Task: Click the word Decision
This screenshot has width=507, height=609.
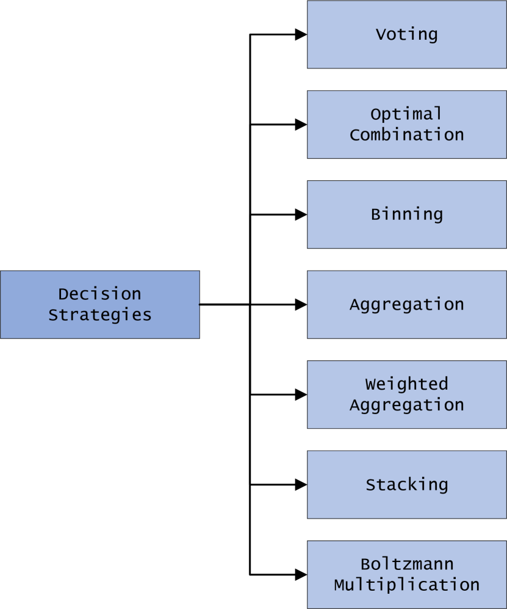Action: [x=99, y=294]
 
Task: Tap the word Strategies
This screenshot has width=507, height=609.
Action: [x=99, y=315]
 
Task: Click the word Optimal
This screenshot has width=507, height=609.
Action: [x=406, y=114]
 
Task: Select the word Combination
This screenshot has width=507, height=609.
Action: [x=406, y=135]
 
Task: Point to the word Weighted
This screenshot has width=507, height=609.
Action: [x=406, y=384]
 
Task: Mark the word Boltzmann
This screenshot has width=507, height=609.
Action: [x=406, y=564]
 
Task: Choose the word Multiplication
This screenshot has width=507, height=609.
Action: [x=406, y=585]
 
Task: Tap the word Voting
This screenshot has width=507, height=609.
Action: [x=406, y=34]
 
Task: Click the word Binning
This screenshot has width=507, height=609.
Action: [x=406, y=214]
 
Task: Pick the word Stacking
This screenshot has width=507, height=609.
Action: [x=406, y=485]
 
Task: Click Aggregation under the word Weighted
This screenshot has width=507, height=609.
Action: [x=406, y=405]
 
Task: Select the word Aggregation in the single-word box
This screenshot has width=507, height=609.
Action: [x=406, y=304]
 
